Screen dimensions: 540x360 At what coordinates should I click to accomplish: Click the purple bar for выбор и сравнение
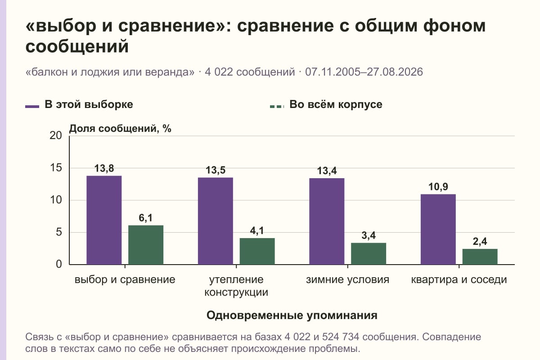[x=104, y=220]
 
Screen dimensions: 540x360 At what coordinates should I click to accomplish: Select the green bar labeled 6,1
[x=146, y=245]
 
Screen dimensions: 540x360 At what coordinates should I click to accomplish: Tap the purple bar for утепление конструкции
[x=216, y=221]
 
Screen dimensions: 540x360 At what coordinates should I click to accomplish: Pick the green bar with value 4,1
[x=257, y=251]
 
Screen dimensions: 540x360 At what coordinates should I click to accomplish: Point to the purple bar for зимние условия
[x=327, y=221]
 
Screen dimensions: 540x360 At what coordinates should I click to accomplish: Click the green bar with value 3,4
[x=369, y=254]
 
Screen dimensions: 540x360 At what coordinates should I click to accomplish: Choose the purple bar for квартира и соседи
[x=438, y=229]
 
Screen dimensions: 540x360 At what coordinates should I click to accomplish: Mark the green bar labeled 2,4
[x=480, y=257]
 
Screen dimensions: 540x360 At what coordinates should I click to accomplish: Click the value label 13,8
[x=104, y=169]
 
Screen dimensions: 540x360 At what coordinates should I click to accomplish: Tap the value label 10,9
[x=438, y=187]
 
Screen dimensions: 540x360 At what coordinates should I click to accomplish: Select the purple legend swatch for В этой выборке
[x=32, y=107]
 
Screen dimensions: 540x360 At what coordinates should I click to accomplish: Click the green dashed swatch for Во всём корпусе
[x=277, y=107]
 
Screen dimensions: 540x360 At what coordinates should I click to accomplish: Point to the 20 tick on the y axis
[x=56, y=136]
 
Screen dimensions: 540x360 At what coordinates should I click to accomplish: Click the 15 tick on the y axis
[x=56, y=168]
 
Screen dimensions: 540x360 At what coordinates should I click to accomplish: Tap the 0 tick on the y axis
[x=59, y=265]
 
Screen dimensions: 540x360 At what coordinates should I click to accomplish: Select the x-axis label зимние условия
[x=347, y=280]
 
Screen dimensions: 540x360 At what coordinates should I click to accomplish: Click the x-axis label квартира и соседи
[x=459, y=280]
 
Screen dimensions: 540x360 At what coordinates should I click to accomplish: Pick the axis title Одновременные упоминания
[x=292, y=315]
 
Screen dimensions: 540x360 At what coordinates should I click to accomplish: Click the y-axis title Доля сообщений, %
[x=120, y=129]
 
